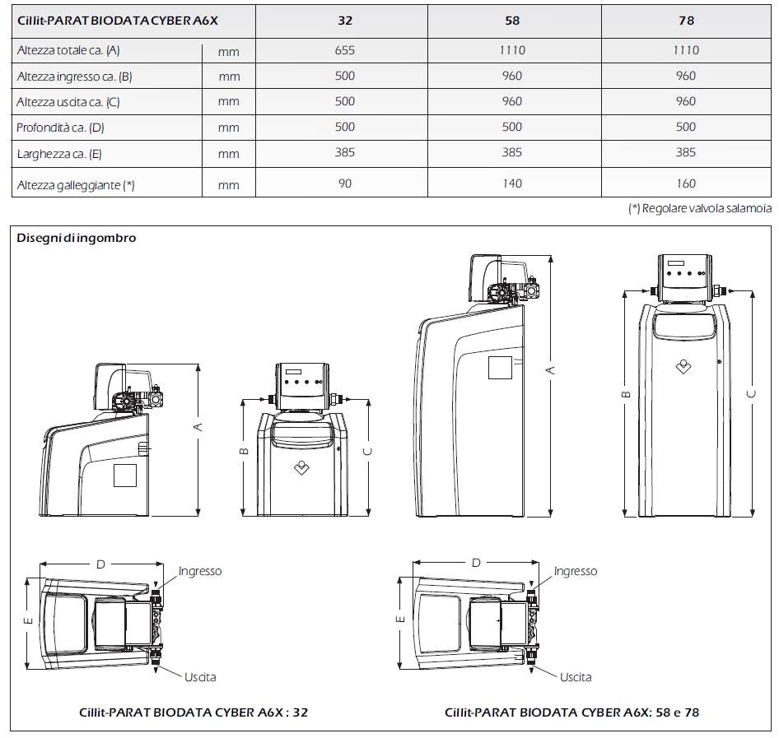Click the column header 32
pos(345,21)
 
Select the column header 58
pos(511,21)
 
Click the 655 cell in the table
pos(345,50)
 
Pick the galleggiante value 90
pos(345,183)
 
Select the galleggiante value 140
pos(511,183)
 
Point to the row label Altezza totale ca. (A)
pos(69,50)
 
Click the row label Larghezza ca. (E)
pos(59,154)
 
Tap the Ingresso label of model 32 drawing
pos(200,571)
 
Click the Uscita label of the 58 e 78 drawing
pos(576,677)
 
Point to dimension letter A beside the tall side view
pos(551,369)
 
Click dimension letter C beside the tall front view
pos(751,394)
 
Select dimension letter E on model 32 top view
pos(28,621)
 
